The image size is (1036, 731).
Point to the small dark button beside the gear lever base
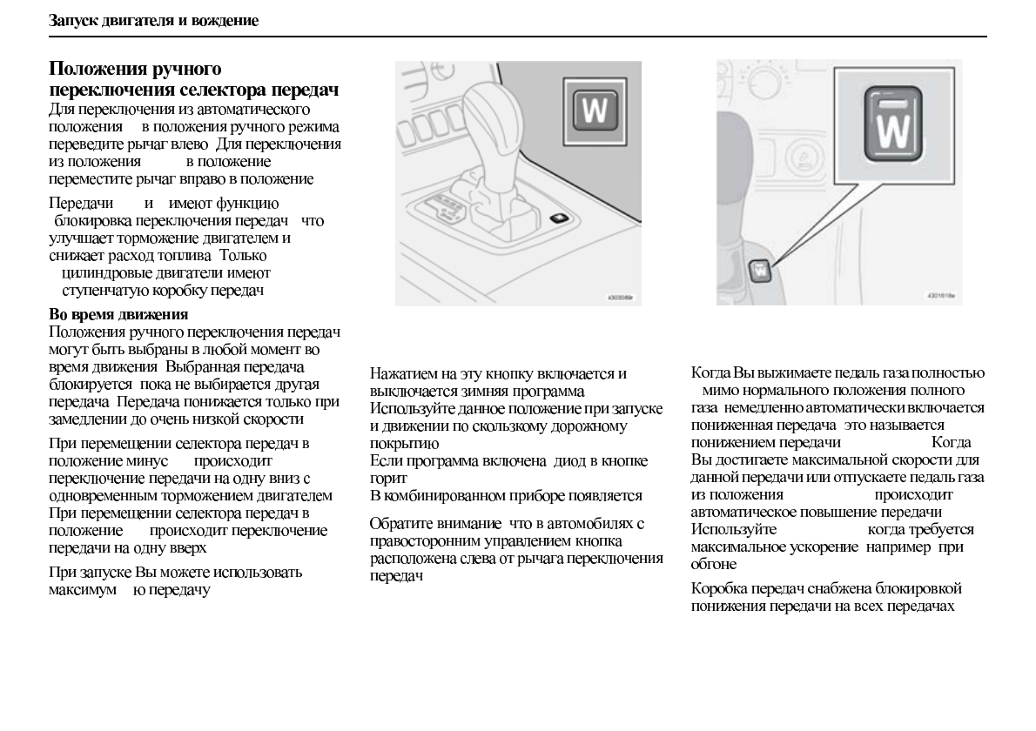coord(559,218)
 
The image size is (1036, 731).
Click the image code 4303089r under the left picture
coord(620,297)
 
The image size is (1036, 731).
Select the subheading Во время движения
coord(118,313)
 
